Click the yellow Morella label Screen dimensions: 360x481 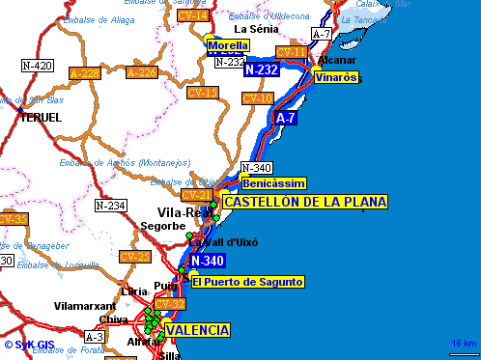228,45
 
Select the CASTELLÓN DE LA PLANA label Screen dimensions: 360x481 304,202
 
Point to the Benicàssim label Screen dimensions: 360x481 274,183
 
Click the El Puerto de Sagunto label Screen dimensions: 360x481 248,282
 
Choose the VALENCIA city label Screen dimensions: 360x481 198,330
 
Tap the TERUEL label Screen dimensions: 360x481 39,117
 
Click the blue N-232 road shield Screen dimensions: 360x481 262,69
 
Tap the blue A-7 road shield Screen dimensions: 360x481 285,118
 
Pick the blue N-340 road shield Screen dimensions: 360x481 208,261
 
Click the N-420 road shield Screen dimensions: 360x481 37,66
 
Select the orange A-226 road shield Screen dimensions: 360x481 141,72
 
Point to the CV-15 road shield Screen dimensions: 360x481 203,93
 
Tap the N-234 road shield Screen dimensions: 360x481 110,206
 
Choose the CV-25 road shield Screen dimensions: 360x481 134,257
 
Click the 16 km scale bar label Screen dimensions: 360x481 464,345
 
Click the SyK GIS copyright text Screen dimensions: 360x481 29,344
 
